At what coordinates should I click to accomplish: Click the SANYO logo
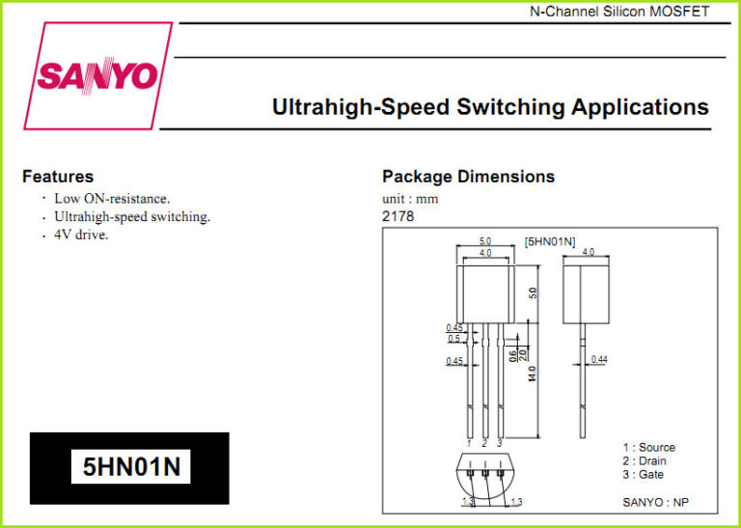[97, 75]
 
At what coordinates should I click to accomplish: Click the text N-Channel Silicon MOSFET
[619, 12]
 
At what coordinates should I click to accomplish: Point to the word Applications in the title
[640, 108]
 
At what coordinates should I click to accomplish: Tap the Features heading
[58, 177]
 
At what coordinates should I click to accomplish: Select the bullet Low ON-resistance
[112, 198]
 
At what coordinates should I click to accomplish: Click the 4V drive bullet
[81, 235]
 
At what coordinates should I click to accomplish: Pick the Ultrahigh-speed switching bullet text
[132, 217]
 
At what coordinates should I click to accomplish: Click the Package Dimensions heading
[468, 177]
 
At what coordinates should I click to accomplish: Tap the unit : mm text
[410, 199]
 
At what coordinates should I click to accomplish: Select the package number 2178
[398, 216]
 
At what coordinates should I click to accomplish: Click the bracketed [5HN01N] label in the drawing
[550, 242]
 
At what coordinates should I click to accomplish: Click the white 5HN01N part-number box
[131, 466]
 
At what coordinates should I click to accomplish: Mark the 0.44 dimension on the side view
[599, 360]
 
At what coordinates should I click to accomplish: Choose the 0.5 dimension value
[453, 339]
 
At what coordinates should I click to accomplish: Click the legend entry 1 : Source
[648, 447]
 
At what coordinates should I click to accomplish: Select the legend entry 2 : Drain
[645, 460]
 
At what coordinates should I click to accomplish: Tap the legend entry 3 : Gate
[643, 475]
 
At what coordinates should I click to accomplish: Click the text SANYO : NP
[655, 502]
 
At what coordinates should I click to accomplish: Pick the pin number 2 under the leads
[484, 443]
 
